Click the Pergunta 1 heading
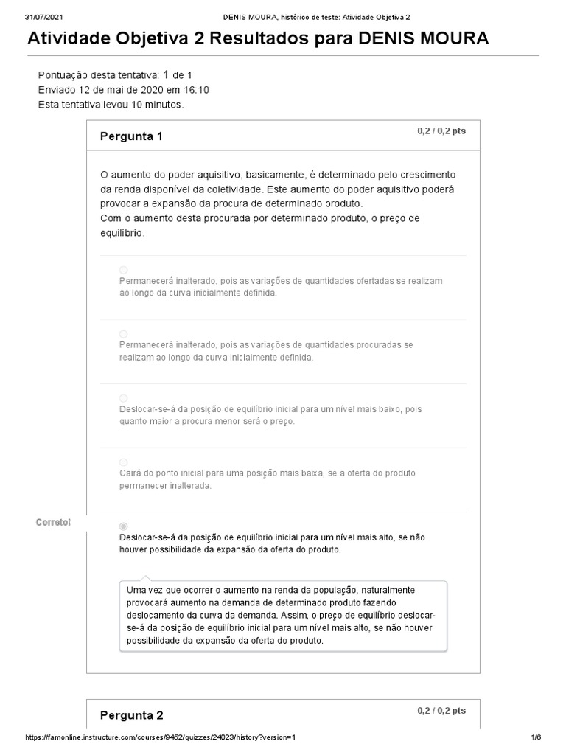coord(131,136)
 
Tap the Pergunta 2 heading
coord(131,715)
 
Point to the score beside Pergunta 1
coord(441,131)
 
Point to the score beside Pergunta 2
coord(441,711)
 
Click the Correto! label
coord(54,523)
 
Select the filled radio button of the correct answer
coord(123,526)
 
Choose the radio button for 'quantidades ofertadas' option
coord(123,270)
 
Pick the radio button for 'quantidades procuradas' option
coord(123,334)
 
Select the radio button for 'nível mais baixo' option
coord(123,398)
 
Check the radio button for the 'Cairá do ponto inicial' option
coord(123,462)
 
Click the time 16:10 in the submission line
coord(196,90)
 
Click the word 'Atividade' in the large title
coord(71,38)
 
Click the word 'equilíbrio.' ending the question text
coord(122,233)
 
